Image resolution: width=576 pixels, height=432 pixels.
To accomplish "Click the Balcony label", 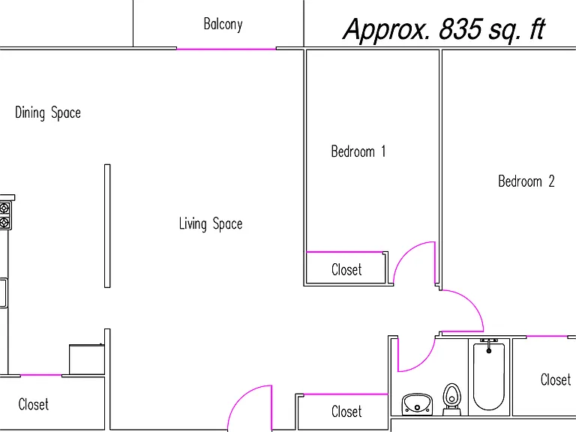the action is point(223,25).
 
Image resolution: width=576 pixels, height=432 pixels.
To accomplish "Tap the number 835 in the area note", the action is point(460,28).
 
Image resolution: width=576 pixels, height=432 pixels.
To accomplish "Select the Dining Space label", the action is point(48,112).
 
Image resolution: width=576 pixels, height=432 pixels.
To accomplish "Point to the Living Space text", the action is point(211,223).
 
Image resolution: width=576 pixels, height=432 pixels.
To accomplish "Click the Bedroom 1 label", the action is point(358,151).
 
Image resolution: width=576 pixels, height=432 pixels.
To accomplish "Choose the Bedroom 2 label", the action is point(526,181).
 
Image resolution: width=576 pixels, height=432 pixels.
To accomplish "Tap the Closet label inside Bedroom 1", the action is point(346,270).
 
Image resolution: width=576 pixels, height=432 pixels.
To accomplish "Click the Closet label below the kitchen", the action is point(34,404).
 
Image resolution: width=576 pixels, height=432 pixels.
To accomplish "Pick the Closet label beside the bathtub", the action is point(556,379).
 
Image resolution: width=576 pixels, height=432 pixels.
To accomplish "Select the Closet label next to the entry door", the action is point(346,412).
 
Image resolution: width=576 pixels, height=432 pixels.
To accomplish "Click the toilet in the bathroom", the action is point(451,399).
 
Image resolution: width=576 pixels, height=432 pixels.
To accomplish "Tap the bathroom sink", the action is point(417,404).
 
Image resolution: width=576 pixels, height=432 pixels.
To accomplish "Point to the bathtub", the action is point(489,376).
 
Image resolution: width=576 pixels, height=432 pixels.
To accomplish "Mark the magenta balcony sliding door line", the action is point(226,49).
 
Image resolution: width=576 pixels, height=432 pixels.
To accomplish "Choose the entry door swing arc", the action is point(240,397).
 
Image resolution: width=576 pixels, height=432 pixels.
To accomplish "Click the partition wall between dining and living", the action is point(107,226).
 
